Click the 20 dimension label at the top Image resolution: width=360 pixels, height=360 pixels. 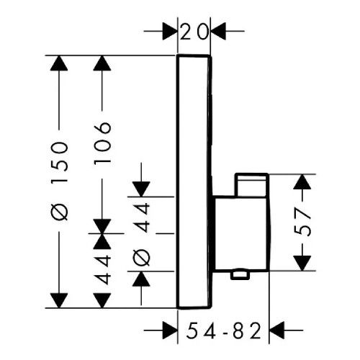point(194,32)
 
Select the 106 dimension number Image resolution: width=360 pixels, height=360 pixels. point(102,143)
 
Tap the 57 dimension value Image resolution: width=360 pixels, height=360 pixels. point(302,222)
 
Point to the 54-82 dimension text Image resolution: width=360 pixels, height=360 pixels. point(223,330)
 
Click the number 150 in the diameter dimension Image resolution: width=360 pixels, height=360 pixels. point(59,163)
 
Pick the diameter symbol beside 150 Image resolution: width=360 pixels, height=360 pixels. point(59,212)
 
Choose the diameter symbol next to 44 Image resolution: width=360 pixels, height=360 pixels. point(141,257)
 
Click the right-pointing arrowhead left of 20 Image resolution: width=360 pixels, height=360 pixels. point(170,31)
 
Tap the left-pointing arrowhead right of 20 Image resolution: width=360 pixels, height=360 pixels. point(218,31)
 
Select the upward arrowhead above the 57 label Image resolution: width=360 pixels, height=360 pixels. point(302,181)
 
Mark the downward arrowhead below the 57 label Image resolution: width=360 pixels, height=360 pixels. point(302,264)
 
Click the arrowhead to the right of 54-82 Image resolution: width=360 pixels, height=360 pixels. point(276,330)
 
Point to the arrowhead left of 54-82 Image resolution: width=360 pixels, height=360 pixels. point(170,330)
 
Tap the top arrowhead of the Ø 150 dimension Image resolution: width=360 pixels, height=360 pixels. point(59,63)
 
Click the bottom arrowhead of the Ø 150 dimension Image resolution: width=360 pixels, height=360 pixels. point(59,300)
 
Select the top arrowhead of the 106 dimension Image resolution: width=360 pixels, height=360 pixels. point(102,63)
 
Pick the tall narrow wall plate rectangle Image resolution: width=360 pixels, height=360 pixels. point(194,182)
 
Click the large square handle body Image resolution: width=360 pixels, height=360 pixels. point(241,234)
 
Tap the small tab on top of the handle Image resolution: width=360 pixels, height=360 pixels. point(252,185)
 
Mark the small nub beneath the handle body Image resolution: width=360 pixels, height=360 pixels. point(240,276)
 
